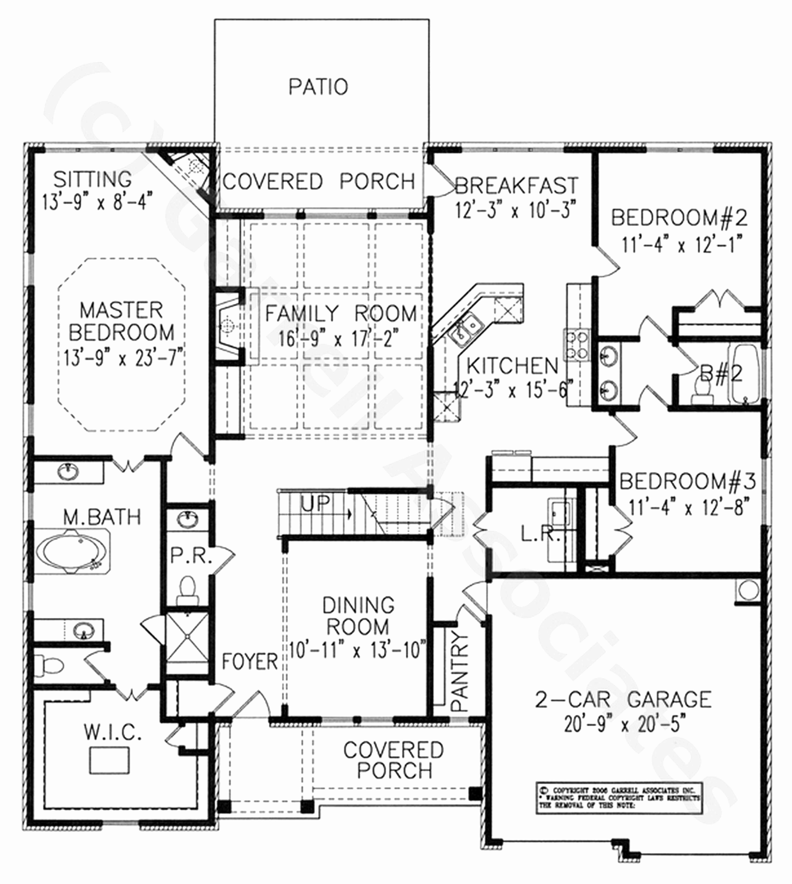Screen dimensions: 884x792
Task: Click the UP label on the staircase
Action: tap(316, 503)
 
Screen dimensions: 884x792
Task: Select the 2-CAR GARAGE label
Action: tap(623, 700)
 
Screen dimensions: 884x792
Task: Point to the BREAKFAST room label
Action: tap(517, 186)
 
